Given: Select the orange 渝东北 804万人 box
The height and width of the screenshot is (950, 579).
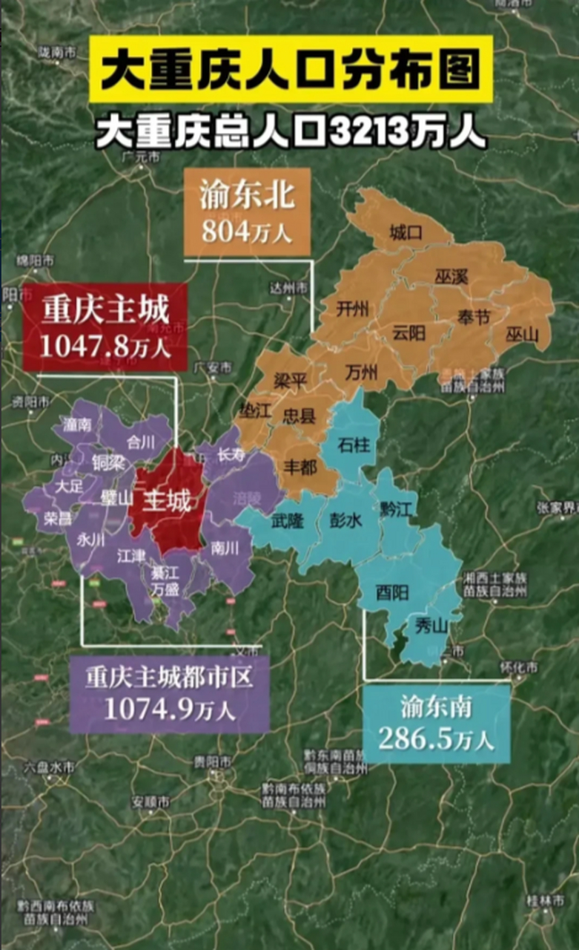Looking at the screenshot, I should click(247, 212).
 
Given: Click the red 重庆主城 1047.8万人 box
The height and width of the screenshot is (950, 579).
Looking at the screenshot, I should click(105, 326).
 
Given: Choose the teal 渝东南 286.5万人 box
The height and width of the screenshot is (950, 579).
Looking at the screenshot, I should click(436, 724).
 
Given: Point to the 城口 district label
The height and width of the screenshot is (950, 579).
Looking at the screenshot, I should click(406, 232).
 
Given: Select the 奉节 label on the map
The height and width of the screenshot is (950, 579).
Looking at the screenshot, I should click(474, 318).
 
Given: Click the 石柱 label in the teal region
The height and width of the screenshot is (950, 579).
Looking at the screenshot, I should click(351, 445).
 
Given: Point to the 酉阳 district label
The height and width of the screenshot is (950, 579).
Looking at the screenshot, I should click(393, 593).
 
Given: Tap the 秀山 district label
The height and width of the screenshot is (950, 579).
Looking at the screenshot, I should click(431, 626).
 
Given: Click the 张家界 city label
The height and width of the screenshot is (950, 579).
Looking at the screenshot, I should click(557, 508).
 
